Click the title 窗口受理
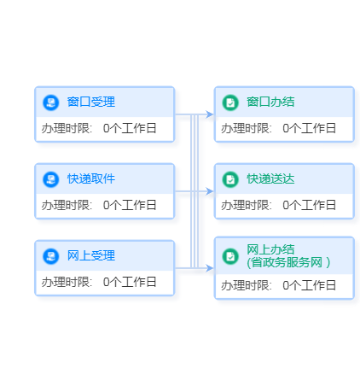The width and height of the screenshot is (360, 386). pos(91,102)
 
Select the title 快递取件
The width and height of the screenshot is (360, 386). pos(91,178)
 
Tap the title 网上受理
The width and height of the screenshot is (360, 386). pos(91,255)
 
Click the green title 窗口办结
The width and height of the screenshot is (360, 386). pos(270,102)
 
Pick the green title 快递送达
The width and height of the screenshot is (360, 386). pos(270,178)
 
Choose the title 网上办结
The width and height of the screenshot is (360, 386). pos(270,249)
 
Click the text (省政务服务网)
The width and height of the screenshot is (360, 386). pos(288,262)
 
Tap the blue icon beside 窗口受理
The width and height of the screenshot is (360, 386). pos(51,102)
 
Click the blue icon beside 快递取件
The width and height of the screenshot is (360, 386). pos(51,179)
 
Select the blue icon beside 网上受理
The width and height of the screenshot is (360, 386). pos(51,256)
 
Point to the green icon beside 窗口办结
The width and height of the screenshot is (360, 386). pos(230,102)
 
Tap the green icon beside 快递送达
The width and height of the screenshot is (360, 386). pos(230,179)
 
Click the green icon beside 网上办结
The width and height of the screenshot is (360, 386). pos(230,256)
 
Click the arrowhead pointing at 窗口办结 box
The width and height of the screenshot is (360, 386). pos(210,114)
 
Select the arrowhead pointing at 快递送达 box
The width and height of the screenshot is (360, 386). pos(210,191)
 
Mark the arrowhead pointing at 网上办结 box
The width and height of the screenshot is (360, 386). pos(210,268)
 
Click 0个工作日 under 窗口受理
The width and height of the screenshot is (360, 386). pos(130,128)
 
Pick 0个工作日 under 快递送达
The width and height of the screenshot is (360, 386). pos(309,205)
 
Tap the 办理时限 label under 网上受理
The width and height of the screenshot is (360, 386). pos(67,282)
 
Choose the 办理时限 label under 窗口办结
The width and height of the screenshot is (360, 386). pos(246,128)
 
